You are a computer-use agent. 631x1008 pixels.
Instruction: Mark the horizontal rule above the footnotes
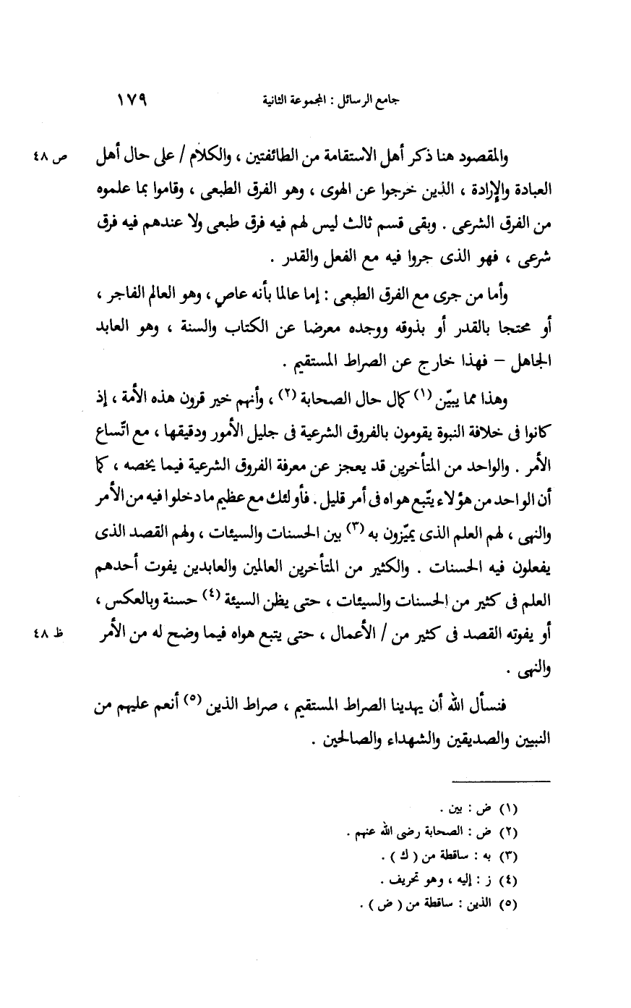click(x=501, y=779)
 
